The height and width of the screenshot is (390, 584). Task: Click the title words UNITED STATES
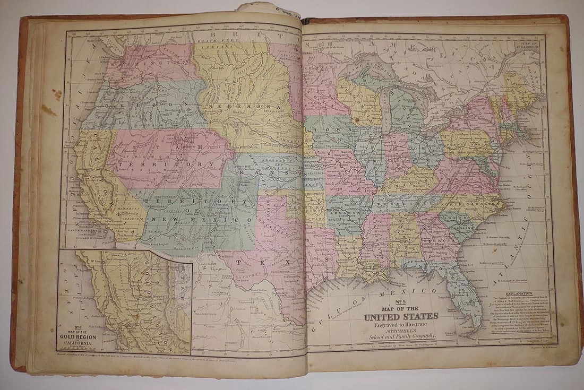(401, 317)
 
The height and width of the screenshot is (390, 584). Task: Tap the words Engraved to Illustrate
(401, 324)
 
